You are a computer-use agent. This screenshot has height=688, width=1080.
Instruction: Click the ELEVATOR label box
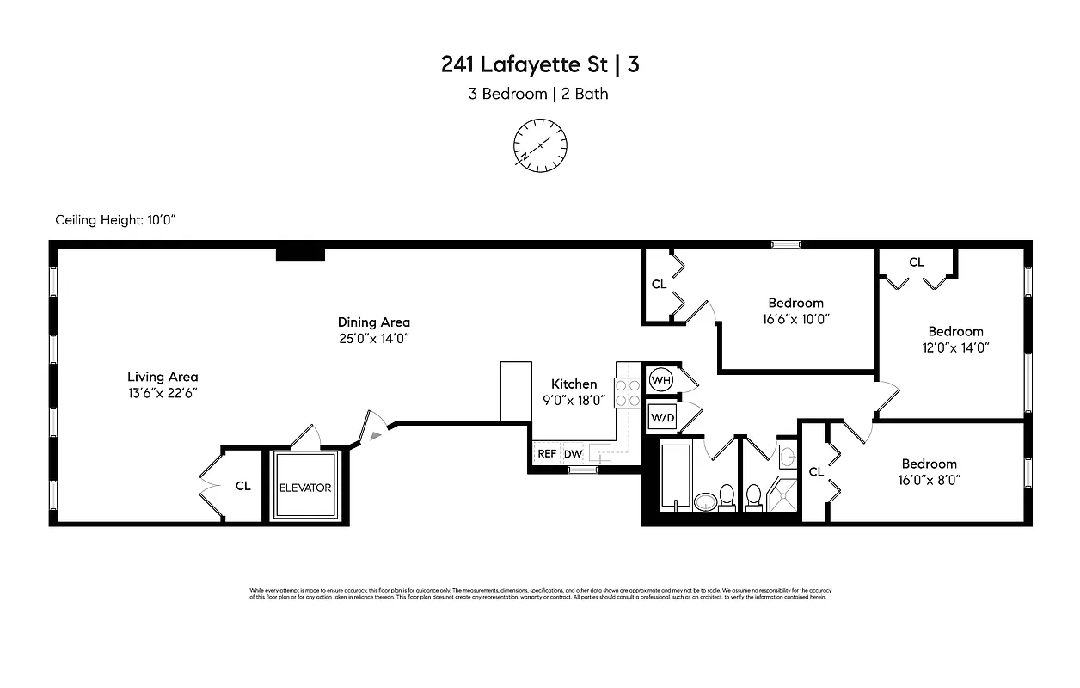point(305,488)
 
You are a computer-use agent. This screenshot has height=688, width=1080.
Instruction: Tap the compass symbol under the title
point(540,144)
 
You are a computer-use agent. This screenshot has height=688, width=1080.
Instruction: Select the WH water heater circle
point(660,380)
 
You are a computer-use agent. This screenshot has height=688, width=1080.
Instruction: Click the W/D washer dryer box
point(661,418)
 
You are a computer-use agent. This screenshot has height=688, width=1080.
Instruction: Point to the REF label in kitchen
point(547,453)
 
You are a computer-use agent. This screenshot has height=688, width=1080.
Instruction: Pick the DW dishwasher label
point(573,453)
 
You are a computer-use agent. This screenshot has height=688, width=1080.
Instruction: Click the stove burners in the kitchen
point(628,393)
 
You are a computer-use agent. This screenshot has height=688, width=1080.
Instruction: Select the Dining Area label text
point(373,322)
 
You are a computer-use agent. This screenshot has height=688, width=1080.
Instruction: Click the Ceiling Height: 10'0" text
point(115,220)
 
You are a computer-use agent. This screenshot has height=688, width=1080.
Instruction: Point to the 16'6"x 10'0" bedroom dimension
point(795,318)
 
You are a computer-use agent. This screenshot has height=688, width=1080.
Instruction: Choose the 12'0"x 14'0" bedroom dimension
point(955,347)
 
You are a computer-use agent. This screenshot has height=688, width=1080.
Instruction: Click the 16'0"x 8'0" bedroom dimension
point(929,480)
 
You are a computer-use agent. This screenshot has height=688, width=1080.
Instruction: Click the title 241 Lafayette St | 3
point(540,64)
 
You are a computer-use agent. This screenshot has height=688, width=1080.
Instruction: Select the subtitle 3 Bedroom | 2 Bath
point(538,94)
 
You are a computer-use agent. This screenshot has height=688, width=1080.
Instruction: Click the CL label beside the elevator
point(243,486)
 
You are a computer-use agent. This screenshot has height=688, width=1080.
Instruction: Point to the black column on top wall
point(299,254)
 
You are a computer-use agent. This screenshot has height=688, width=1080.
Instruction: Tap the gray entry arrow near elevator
point(374,436)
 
